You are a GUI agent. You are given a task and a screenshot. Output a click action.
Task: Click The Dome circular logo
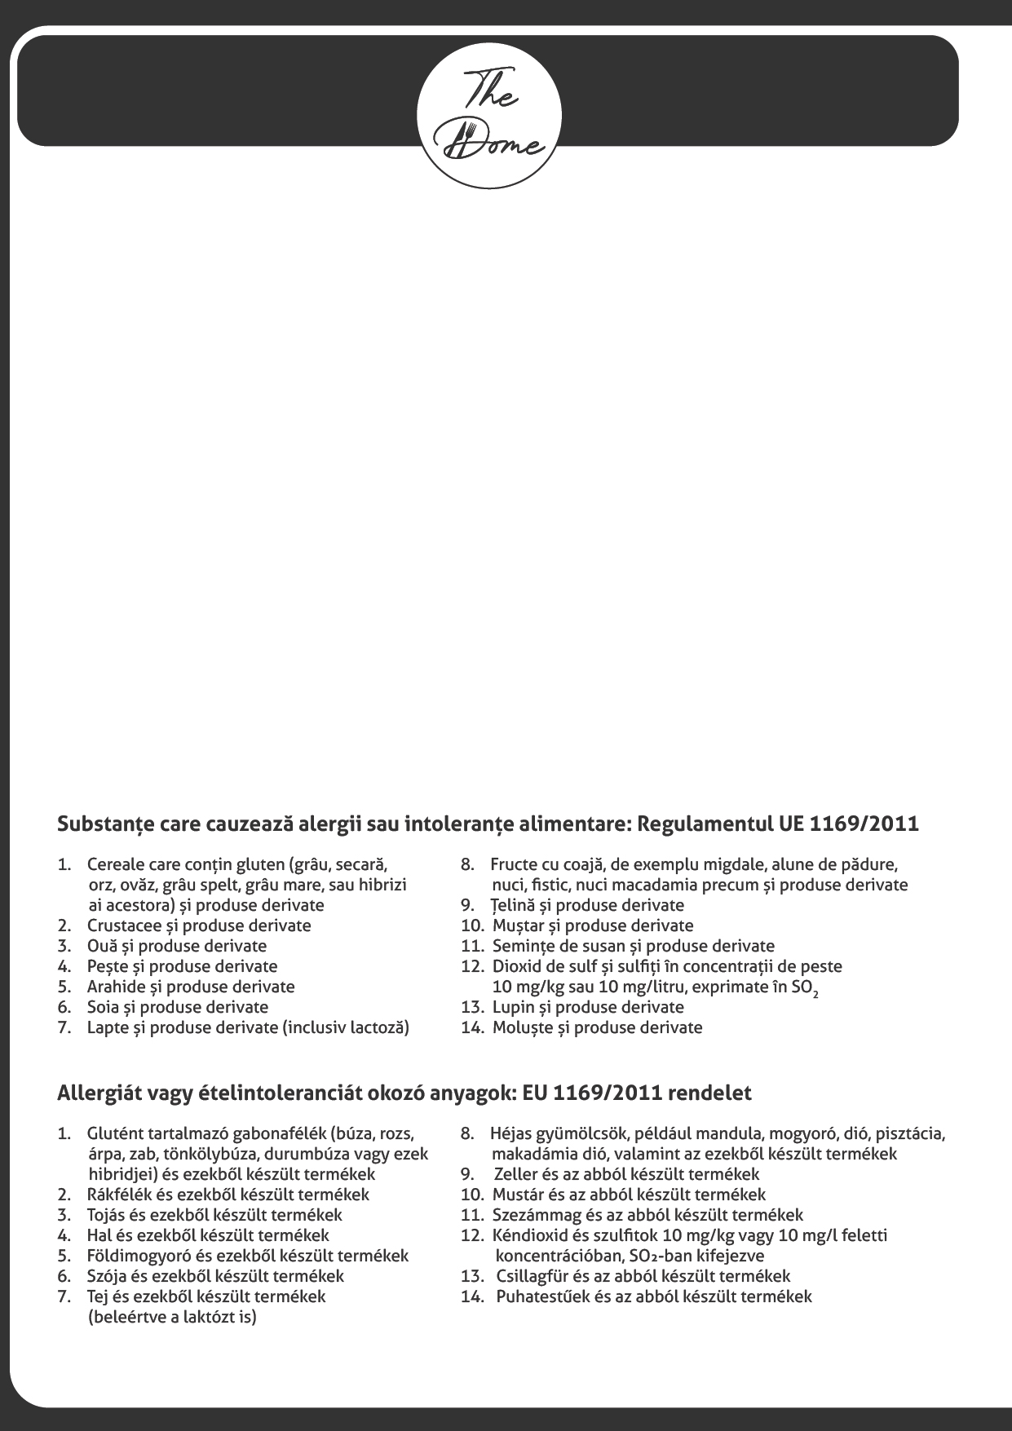click(489, 118)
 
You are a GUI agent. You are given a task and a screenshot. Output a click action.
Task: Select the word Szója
click(105, 1276)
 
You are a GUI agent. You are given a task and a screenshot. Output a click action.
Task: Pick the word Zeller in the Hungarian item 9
click(515, 1174)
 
